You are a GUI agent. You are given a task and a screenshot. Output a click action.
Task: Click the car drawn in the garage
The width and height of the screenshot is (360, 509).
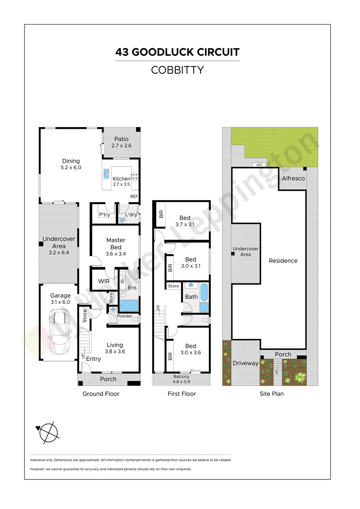click(59, 331)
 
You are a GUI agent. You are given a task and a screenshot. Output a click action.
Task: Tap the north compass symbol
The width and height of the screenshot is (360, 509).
click(48, 433)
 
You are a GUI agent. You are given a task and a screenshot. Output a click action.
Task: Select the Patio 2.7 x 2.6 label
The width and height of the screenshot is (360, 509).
click(122, 142)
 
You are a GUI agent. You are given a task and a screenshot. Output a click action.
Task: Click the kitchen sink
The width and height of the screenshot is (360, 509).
click(106, 174)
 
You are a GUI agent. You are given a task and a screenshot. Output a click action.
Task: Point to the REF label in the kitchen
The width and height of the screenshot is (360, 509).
click(134, 196)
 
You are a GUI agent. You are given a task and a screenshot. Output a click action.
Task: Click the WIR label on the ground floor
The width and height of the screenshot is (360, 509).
click(104, 281)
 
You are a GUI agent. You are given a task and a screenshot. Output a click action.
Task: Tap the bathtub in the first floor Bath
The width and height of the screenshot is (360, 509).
click(204, 292)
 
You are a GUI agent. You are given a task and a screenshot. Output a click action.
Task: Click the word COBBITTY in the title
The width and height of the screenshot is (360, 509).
click(178, 70)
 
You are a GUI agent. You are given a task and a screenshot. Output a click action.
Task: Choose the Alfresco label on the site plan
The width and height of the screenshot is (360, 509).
click(293, 178)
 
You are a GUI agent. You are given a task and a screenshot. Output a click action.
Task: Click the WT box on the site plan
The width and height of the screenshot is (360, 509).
click(259, 165)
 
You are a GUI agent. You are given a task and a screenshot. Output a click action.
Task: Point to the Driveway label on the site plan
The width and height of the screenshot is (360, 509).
click(245, 363)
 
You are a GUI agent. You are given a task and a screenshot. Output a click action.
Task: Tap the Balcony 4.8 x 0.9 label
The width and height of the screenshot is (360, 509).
click(181, 379)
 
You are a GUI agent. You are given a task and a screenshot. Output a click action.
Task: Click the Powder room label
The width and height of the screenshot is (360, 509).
click(124, 316)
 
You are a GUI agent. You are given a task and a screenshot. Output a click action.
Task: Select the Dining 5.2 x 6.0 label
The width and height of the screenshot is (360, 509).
click(71, 164)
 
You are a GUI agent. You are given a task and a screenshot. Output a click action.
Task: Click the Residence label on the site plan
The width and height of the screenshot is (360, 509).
click(283, 261)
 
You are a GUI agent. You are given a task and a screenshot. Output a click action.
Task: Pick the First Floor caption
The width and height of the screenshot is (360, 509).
click(182, 394)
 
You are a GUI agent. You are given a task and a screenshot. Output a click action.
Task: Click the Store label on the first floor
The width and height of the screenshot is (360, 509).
click(173, 286)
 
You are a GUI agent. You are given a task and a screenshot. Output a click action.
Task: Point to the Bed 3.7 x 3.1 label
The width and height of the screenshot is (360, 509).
click(185, 221)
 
